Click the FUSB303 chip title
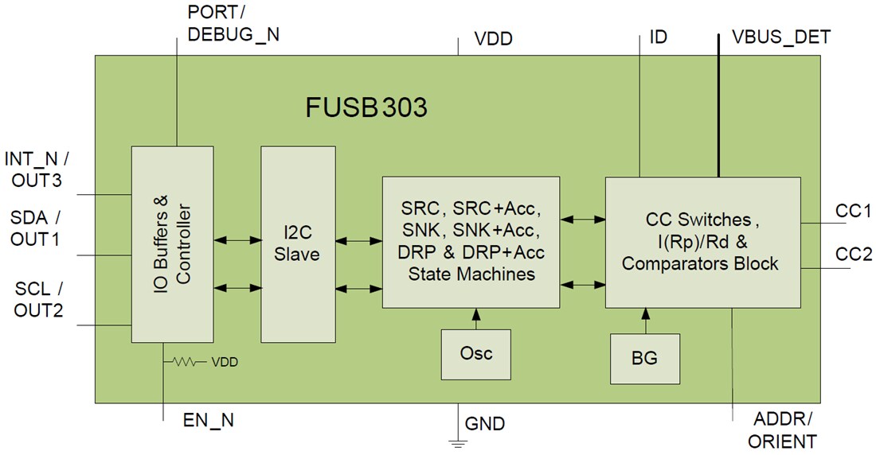(366, 107)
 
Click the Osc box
(475, 353)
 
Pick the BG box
(644, 359)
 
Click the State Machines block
(471, 242)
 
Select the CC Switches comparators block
(702, 242)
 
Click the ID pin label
(658, 37)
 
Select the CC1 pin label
(853, 211)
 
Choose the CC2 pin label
(853, 255)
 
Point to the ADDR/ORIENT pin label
(784, 430)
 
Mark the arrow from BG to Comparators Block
(644, 321)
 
